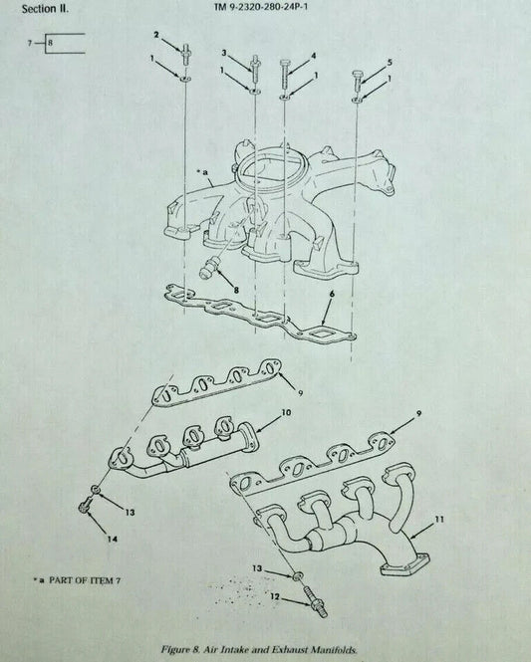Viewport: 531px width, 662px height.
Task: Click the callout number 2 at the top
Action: (x=156, y=35)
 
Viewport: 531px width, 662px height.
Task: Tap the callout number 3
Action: (x=224, y=53)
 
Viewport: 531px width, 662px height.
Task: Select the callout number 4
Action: (x=313, y=56)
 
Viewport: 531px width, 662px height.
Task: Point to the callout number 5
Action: (x=390, y=62)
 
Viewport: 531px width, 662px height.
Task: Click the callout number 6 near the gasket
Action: (x=332, y=294)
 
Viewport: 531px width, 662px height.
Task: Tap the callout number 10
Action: (x=286, y=412)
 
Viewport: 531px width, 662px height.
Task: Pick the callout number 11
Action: (x=439, y=520)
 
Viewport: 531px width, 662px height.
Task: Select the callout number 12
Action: (x=275, y=596)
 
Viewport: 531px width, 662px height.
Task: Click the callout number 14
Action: (x=113, y=540)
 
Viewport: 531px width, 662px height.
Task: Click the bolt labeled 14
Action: (x=85, y=506)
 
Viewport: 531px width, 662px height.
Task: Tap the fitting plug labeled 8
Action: (x=208, y=268)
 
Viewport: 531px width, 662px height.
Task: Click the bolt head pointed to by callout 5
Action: (x=357, y=80)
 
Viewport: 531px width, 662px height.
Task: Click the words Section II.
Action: (x=45, y=9)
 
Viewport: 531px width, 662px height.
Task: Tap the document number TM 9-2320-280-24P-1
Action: (x=261, y=8)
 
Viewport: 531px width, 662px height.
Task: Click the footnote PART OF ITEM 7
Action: (x=85, y=580)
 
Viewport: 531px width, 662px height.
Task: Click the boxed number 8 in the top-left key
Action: (x=50, y=43)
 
